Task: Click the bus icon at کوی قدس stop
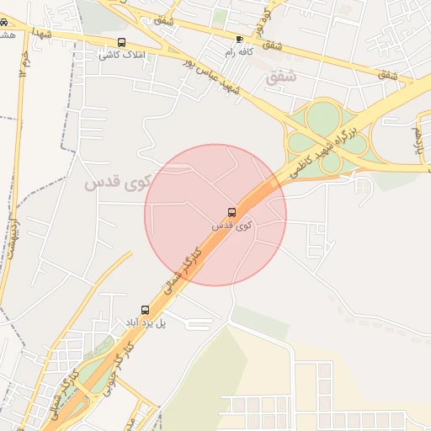(x=232, y=212)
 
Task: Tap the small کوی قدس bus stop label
(x=231, y=226)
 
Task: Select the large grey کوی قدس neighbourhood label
(x=117, y=181)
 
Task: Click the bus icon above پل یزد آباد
(x=145, y=310)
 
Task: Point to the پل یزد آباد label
(x=146, y=322)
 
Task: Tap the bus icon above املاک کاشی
(x=122, y=42)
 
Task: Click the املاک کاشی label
(x=122, y=55)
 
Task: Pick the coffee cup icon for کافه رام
(x=240, y=40)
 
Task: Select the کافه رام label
(x=240, y=52)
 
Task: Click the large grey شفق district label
(x=281, y=77)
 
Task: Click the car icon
(x=5, y=23)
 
